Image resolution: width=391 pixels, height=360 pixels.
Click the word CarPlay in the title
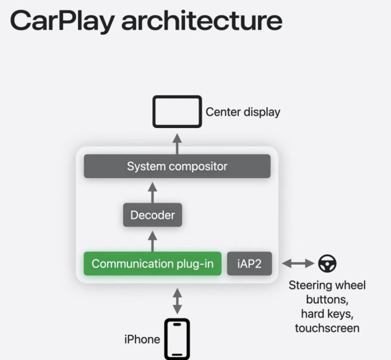pyautogui.click(x=62, y=20)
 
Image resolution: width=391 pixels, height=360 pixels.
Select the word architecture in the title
pyautogui.click(x=202, y=20)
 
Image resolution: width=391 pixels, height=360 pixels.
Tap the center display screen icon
pyautogui.click(x=177, y=111)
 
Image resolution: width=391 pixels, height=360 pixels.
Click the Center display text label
pyautogui.click(x=243, y=112)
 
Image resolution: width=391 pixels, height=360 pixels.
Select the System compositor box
pyautogui.click(x=177, y=166)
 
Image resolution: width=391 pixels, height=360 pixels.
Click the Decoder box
pyautogui.click(x=152, y=215)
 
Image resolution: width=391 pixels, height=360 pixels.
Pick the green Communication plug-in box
pyautogui.click(x=152, y=264)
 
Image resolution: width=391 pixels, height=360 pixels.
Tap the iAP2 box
pyautogui.click(x=249, y=264)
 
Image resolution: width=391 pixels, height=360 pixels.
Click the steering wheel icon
pyautogui.click(x=327, y=264)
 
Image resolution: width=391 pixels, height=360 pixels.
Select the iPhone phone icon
pyautogui.click(x=177, y=338)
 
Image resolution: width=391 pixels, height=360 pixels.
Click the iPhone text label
pyautogui.click(x=142, y=339)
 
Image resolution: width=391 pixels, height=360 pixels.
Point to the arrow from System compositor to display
pyautogui.click(x=177, y=142)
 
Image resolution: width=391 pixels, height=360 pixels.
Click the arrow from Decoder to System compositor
pyautogui.click(x=152, y=191)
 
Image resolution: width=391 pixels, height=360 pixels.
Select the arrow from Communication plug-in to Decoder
pyautogui.click(x=152, y=239)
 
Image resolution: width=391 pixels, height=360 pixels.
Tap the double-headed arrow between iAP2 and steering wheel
pyautogui.click(x=298, y=264)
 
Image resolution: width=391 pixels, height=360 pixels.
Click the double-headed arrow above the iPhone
pyautogui.click(x=177, y=300)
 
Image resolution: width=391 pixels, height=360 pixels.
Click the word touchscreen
pyautogui.click(x=327, y=327)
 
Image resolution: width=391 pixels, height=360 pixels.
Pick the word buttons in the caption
pyautogui.click(x=327, y=299)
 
